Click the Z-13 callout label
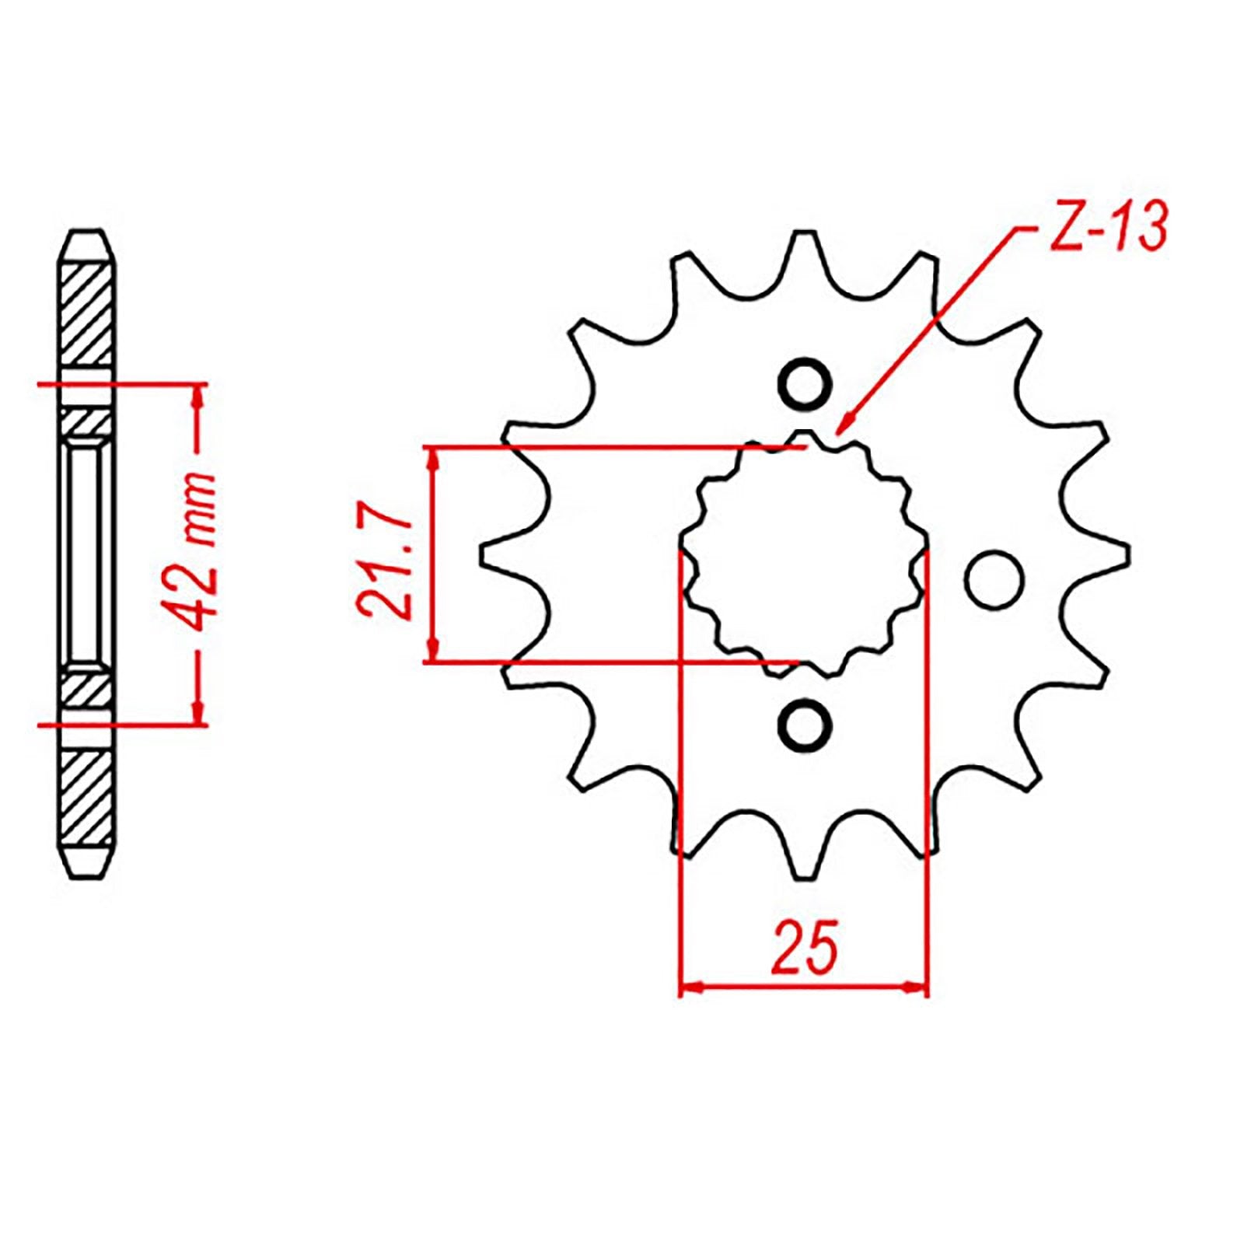pyautogui.click(x=1109, y=227)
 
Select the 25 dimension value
pyautogui.click(x=805, y=948)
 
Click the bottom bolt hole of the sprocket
pyautogui.click(x=805, y=725)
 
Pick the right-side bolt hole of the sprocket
pyautogui.click(x=994, y=579)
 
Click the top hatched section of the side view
pyautogui.click(x=86, y=315)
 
